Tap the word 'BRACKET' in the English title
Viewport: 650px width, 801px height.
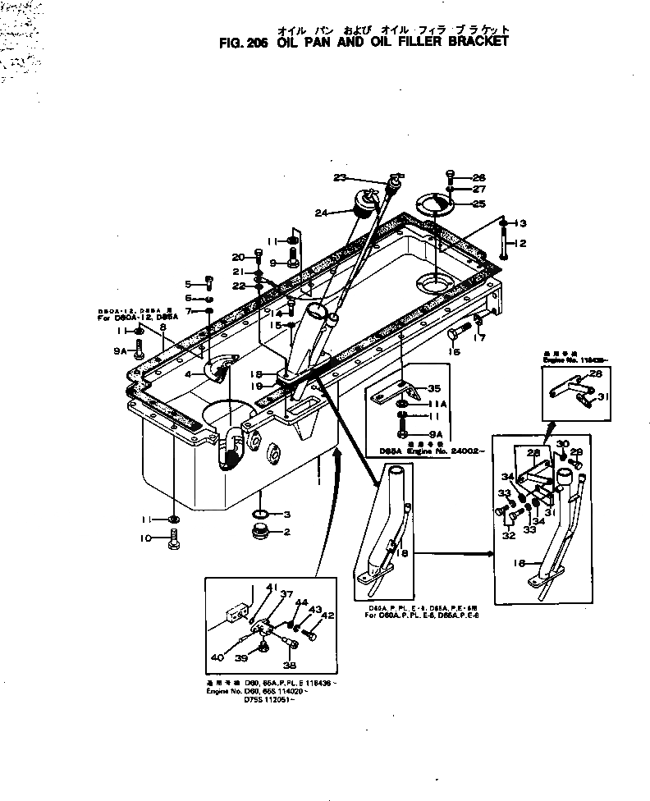coord(473,40)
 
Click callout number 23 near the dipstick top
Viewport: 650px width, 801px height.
coord(340,178)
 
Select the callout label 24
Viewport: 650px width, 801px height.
coord(322,213)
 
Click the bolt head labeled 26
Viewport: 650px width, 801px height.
coord(450,175)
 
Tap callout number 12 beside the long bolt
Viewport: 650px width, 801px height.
coord(520,243)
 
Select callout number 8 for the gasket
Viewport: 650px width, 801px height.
coord(163,327)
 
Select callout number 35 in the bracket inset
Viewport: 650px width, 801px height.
coord(434,389)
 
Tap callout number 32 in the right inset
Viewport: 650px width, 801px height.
coord(508,536)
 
